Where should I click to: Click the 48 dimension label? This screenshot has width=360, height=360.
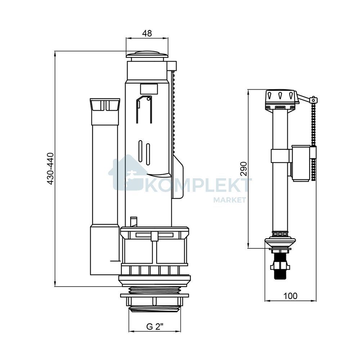coord(147,33)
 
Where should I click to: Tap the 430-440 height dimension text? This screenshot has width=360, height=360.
coord(50,168)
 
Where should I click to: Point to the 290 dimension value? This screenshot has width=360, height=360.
coord(243,169)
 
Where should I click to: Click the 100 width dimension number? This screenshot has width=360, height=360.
coord(290,296)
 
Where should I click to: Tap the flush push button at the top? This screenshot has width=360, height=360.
coord(147,55)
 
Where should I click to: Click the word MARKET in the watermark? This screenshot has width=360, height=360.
coord(230,199)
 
